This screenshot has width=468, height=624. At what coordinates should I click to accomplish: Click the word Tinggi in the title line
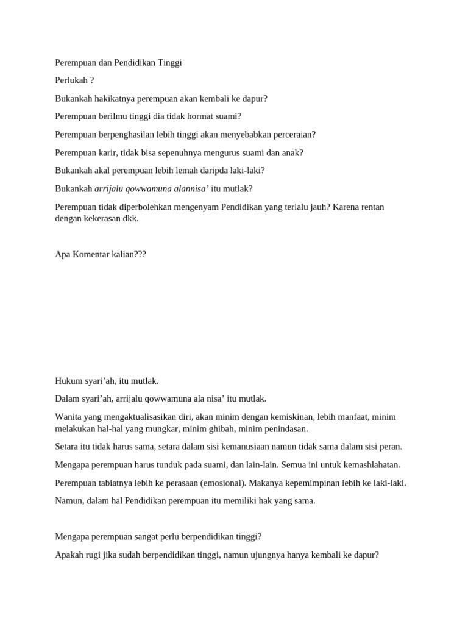(169, 63)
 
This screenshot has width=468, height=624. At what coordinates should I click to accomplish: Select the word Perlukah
(71, 80)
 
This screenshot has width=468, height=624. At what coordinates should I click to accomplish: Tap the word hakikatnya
(114, 99)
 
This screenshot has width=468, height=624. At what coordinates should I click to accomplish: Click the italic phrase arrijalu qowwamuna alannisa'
(152, 189)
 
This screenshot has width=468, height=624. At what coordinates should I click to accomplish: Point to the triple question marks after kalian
(140, 254)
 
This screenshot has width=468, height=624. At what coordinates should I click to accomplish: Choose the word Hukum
(68, 381)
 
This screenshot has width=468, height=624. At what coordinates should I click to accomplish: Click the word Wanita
(68, 417)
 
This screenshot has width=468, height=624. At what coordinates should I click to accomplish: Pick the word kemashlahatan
(366, 464)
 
